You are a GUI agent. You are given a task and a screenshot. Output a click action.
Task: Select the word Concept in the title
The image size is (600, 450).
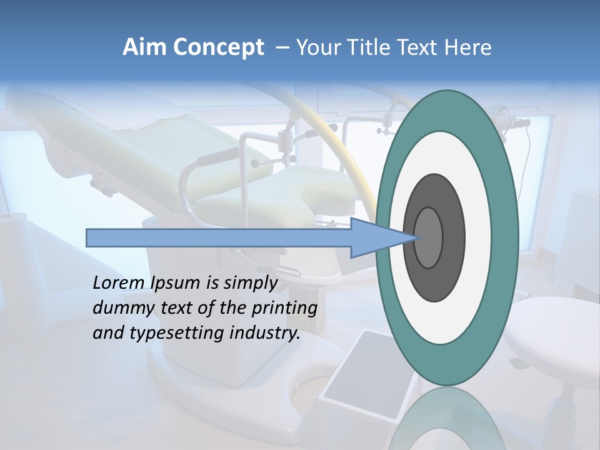(219, 47)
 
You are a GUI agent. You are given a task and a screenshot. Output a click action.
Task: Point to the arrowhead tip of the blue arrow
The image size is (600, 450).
(418, 237)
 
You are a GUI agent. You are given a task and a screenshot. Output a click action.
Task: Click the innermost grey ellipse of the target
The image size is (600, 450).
(429, 237)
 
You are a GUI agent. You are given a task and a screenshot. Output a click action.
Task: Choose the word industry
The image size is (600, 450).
(264, 333)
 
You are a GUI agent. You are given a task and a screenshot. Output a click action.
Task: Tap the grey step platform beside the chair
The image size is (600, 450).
(362, 375)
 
